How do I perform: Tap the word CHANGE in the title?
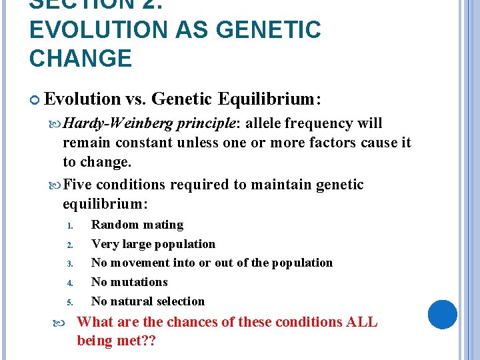[81, 59]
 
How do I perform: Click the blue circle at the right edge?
[442, 315]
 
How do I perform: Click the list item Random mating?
[137, 225]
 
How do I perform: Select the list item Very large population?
[153, 244]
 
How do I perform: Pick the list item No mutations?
[129, 282]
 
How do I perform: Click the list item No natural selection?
[147, 301]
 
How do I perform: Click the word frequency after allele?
[319, 124]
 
